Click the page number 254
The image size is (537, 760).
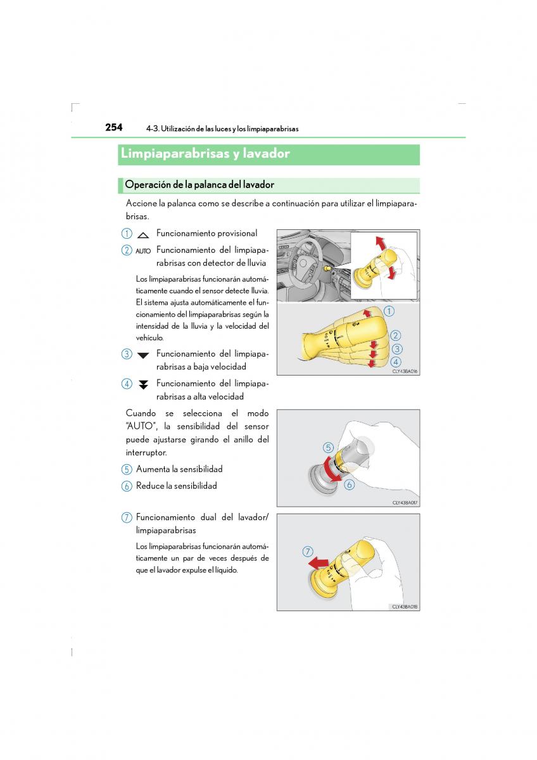click(x=114, y=127)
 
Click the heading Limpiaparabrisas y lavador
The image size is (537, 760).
click(x=205, y=154)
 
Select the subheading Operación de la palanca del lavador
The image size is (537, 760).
click(x=199, y=185)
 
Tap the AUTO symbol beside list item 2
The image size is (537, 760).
click(x=143, y=251)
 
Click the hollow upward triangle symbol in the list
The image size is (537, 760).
click(x=143, y=234)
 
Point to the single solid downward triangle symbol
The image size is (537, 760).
click(x=143, y=355)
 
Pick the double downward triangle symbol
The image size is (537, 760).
click(x=143, y=384)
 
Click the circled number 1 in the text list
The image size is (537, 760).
click(x=127, y=234)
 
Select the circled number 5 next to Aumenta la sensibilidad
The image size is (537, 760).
click(x=127, y=469)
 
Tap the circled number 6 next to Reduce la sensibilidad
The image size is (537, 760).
click(x=127, y=486)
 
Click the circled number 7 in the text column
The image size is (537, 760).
click(x=127, y=517)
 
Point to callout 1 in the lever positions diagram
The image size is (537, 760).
click(x=389, y=311)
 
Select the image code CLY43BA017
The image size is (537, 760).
click(x=405, y=502)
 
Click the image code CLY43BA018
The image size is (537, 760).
click(x=405, y=606)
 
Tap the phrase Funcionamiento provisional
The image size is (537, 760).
click(x=206, y=234)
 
